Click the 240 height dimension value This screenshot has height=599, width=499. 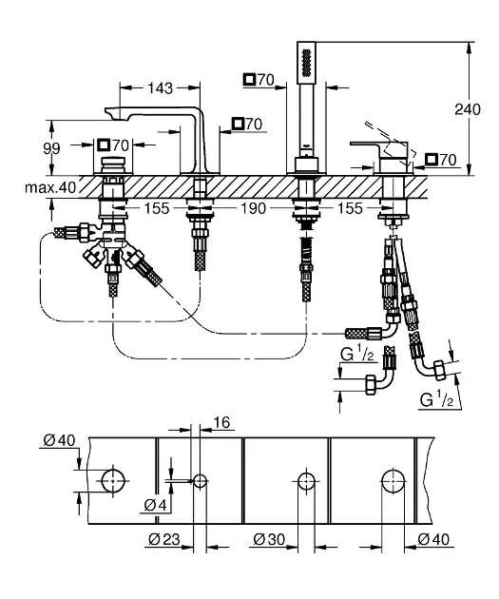[467, 109]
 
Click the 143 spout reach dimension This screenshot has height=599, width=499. [160, 88]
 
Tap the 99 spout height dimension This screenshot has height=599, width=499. [51, 148]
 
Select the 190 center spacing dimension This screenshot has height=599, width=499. [253, 208]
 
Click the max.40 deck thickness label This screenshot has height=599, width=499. [50, 187]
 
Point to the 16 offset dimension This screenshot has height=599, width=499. [221, 422]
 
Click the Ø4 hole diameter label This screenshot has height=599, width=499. [156, 506]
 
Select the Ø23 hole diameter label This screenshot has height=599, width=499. [164, 539]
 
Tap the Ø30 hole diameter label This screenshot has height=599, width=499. [269, 539]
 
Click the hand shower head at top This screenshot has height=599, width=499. [305, 62]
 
